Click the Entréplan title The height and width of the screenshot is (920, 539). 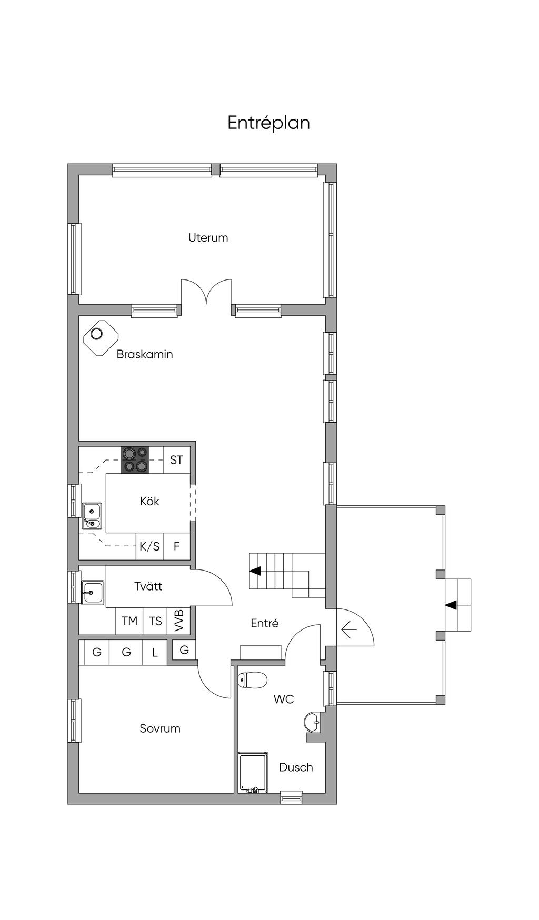[268, 123]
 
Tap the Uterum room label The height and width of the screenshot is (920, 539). [208, 237]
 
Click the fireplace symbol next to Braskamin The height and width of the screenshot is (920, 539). [101, 338]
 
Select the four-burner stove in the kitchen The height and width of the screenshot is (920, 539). [135, 460]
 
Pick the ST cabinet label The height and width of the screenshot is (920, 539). [176, 460]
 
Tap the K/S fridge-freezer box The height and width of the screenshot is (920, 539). [149, 546]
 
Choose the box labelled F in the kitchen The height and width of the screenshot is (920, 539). [177, 546]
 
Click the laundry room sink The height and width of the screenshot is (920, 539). [93, 593]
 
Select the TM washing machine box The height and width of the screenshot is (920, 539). [129, 621]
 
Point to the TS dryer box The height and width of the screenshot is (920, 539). [155, 621]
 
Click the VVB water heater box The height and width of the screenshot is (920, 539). [178, 621]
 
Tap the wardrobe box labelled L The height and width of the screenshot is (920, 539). [155, 653]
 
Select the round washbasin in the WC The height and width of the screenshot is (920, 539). [312, 722]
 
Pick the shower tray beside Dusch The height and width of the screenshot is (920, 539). [253, 772]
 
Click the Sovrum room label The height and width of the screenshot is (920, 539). [160, 728]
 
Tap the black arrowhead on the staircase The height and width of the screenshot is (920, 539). [255, 571]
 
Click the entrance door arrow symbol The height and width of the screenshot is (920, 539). [349, 628]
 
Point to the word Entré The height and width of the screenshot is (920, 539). [265, 623]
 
